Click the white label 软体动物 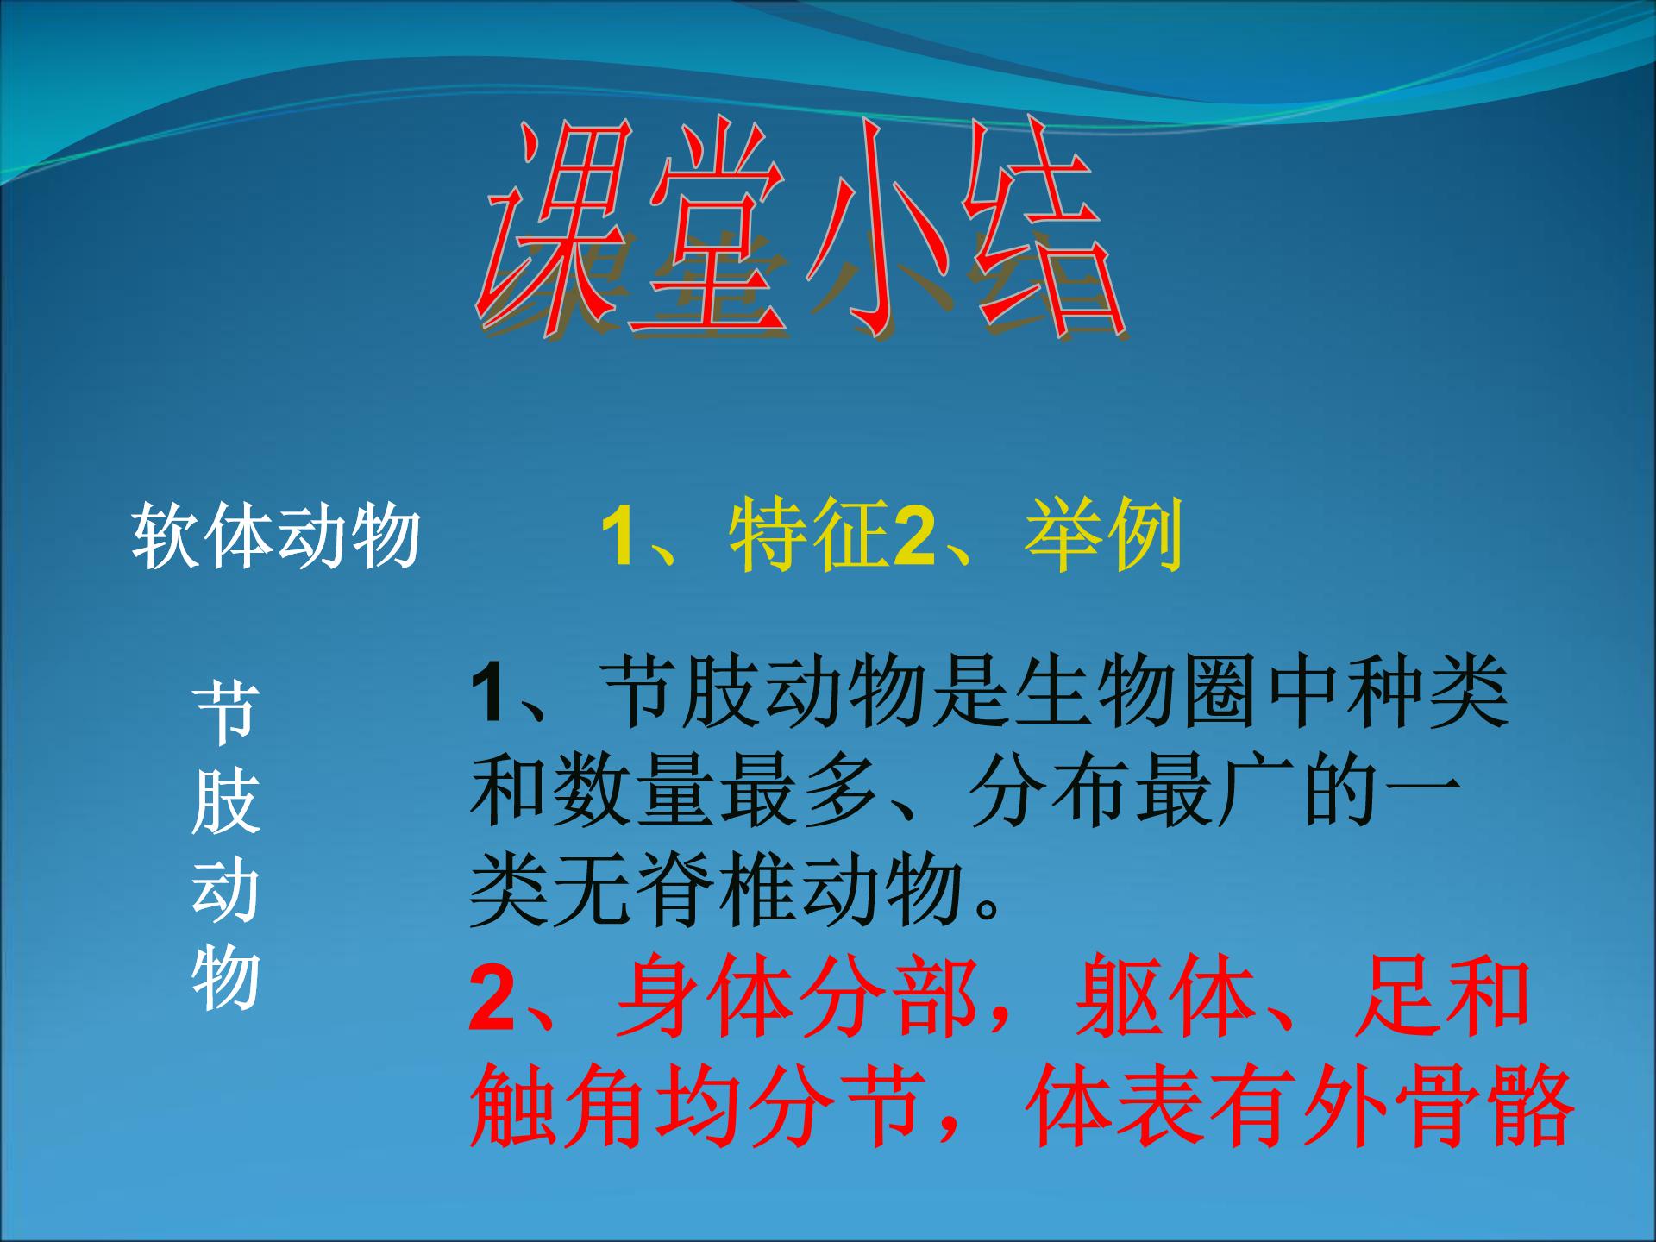tap(277, 536)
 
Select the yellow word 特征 tap(808, 536)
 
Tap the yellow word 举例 tap(1103, 536)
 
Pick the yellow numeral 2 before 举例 tap(914, 537)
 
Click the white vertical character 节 tap(226, 714)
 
